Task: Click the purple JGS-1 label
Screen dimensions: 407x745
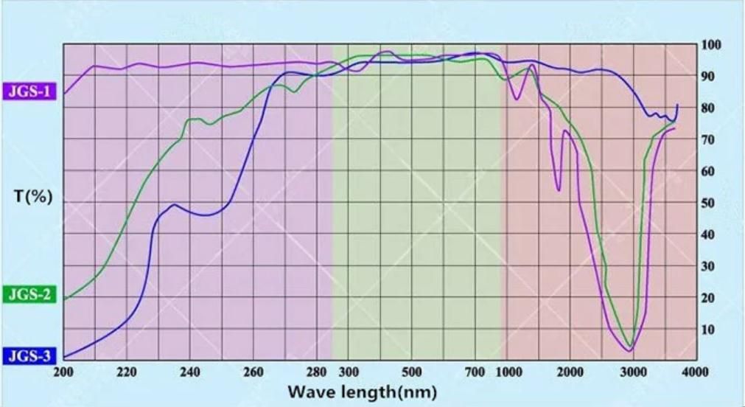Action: click(29, 92)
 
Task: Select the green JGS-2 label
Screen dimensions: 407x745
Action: click(29, 296)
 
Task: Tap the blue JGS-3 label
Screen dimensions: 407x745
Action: click(29, 357)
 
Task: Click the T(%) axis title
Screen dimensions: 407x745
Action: click(33, 198)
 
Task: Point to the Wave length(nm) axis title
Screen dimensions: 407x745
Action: click(361, 390)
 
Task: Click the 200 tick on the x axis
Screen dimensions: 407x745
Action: click(64, 372)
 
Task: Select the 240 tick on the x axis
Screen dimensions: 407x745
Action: click(190, 372)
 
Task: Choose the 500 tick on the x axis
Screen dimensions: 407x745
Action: click(412, 372)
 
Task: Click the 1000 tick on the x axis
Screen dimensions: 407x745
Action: click(506, 372)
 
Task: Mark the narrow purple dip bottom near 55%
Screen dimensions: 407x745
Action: click(559, 190)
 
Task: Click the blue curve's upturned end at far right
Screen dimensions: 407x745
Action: click(677, 105)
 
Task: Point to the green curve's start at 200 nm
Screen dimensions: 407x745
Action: click(64, 299)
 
